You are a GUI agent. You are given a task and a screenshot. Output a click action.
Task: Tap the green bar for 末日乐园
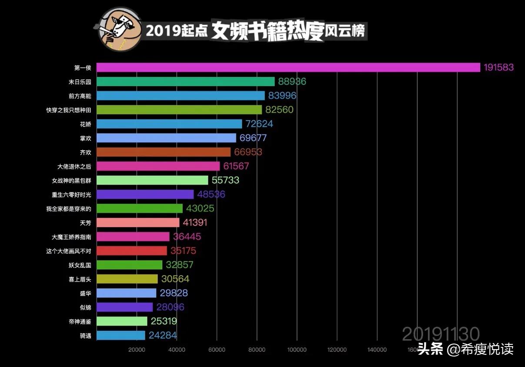coord(185,81)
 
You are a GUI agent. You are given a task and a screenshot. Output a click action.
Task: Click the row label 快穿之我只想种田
coord(69,110)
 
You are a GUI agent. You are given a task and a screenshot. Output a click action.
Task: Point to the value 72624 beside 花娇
coord(259,124)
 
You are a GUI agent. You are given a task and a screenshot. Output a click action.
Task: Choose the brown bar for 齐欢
coord(163,152)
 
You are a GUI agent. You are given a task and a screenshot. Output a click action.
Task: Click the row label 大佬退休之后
coord(74,166)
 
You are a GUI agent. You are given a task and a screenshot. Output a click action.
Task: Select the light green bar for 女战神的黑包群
coord(152,180)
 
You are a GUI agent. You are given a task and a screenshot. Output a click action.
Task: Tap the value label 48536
coord(211,194)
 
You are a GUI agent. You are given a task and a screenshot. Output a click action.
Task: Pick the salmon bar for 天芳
coord(137,222)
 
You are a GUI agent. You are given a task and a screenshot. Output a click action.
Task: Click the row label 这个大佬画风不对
coord(69,251)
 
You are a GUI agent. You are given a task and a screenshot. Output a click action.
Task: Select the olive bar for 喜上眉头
coord(127,279)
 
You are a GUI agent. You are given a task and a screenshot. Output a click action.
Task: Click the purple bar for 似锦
coord(124,307)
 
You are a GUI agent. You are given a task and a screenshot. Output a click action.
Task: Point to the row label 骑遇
coord(86,336)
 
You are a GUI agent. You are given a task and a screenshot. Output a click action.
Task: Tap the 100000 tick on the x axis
coord(297,350)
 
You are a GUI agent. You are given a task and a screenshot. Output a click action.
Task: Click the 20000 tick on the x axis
coord(137,350)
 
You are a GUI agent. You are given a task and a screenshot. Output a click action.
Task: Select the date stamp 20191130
coord(441,334)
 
